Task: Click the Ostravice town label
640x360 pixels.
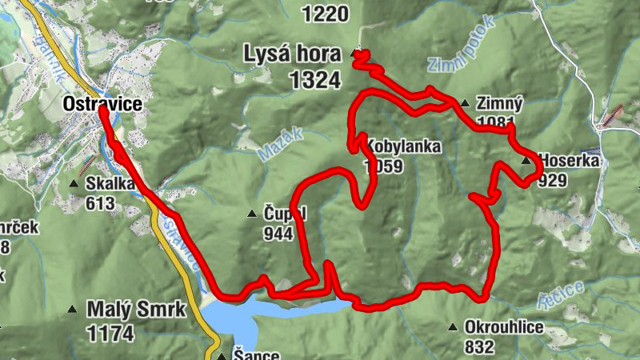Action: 102,104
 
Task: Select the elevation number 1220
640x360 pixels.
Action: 326,13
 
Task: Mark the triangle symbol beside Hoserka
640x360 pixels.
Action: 526,161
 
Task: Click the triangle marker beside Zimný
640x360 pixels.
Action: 465,103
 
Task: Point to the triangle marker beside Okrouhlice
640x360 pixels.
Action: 453,327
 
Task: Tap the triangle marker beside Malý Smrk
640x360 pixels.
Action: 73,310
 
